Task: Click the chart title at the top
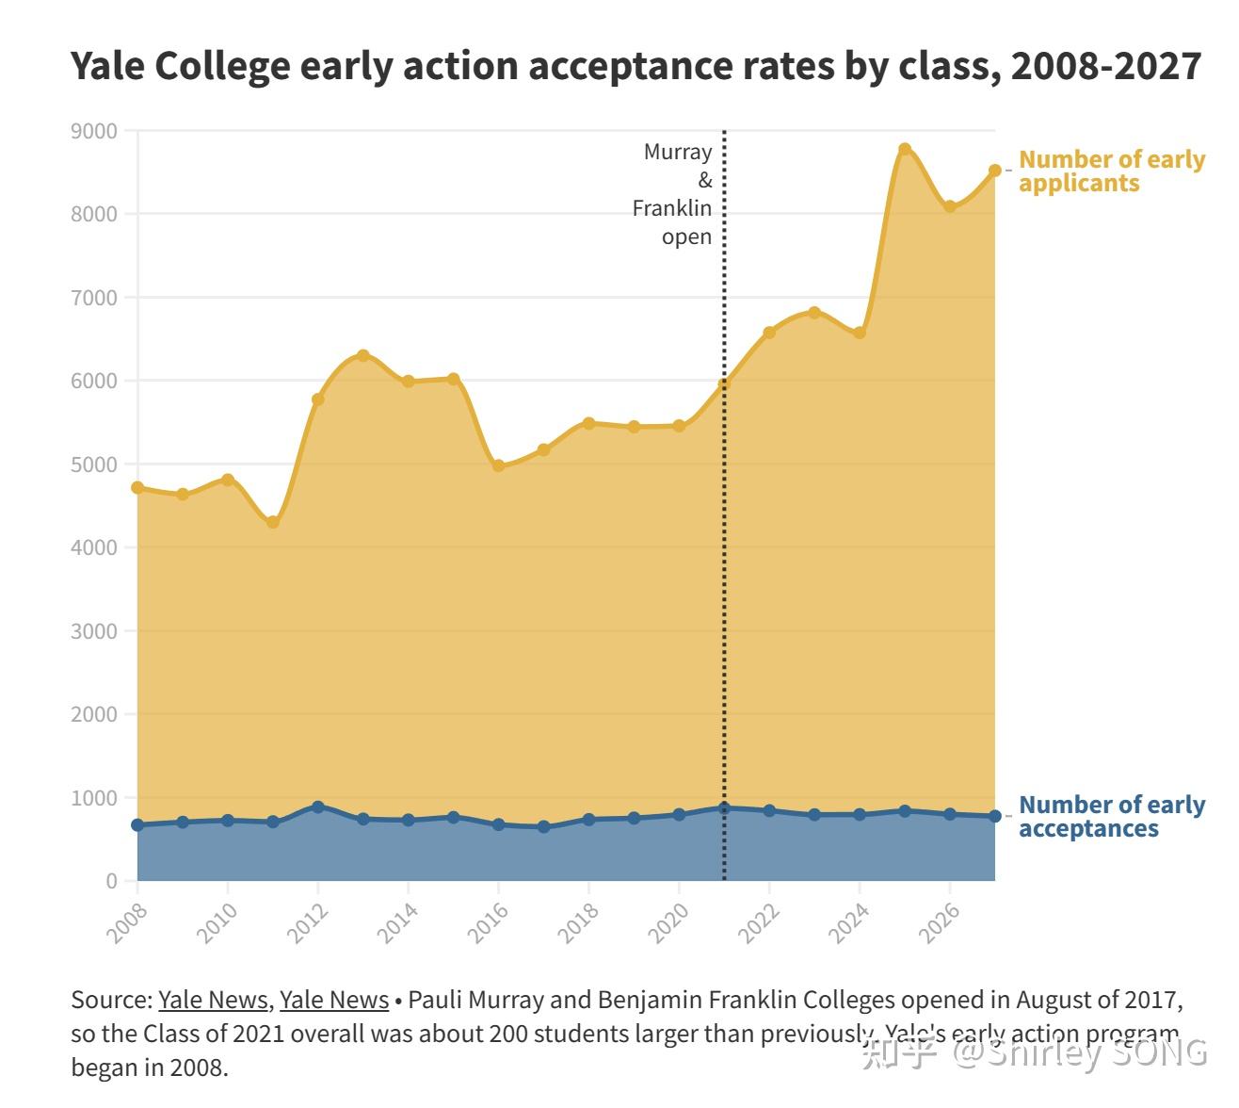636,67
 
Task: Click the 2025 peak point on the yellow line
905,150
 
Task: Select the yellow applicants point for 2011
273,522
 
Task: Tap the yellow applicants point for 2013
363,355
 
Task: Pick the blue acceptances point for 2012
318,807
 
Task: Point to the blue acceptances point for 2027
994,816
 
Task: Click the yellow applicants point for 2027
994,171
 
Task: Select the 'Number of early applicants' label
1111,171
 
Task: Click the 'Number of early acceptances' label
1111,817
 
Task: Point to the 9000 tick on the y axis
94,131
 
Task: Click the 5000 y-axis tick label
94,464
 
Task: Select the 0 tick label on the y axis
112,881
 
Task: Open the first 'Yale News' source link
213,1000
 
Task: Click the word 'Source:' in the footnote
111,1000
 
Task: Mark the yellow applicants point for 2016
499,465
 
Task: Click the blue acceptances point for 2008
137,824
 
